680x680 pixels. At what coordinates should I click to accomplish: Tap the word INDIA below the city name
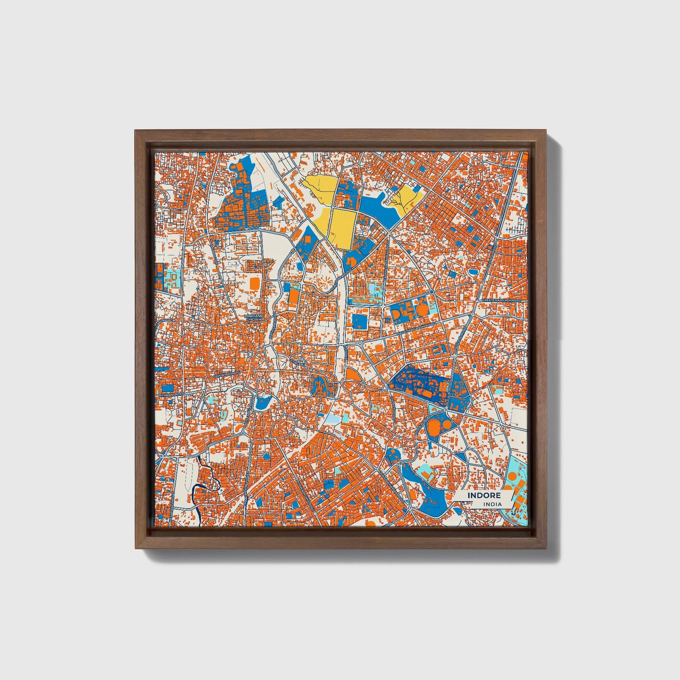[493, 504]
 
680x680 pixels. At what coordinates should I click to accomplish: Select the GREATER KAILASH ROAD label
[502, 300]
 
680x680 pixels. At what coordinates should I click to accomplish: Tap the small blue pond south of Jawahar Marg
[262, 402]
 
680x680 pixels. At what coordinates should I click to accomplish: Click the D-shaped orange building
[396, 312]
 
